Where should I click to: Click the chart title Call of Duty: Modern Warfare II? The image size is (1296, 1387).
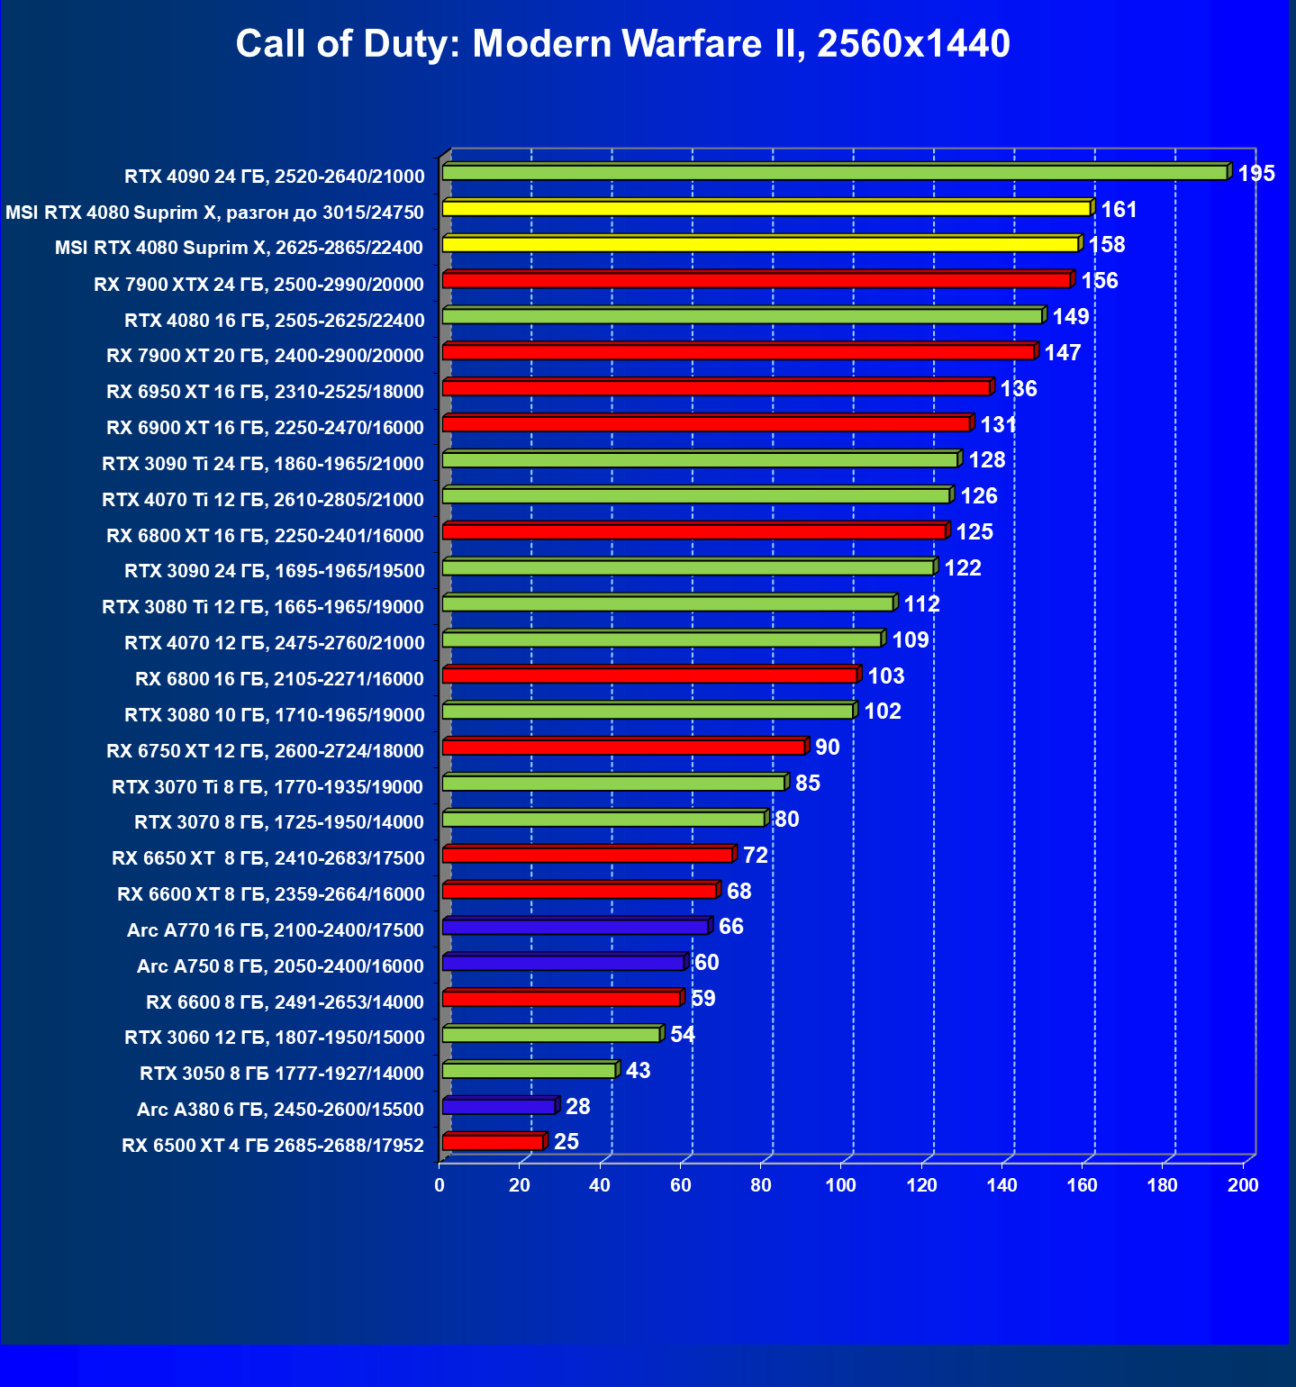tap(622, 44)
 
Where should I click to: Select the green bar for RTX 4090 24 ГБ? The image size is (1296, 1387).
tap(834, 173)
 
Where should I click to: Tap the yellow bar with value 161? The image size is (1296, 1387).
tap(766, 209)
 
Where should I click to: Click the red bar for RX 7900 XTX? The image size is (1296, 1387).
tap(756, 281)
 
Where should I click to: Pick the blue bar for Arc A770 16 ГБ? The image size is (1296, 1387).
tap(575, 927)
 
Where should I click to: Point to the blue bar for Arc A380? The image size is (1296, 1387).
tap(499, 1107)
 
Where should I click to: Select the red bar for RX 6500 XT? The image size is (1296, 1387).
tap(493, 1143)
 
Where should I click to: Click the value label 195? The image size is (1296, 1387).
tap(1256, 174)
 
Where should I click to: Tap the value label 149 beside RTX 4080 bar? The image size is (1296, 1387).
tap(1071, 317)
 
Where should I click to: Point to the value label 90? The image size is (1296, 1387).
tap(827, 748)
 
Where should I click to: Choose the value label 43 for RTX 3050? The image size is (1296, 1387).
tap(638, 1071)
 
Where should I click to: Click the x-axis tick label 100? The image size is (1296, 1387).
tap(841, 1185)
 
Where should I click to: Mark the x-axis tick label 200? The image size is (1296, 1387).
tap(1243, 1185)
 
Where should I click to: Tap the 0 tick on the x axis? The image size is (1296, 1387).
tap(440, 1185)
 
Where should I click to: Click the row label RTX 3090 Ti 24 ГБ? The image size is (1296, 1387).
tap(263, 464)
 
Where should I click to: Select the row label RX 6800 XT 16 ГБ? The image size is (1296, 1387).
tap(265, 536)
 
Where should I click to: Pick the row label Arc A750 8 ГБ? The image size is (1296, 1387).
tap(280, 966)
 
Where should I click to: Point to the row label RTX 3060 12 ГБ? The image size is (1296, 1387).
tap(274, 1038)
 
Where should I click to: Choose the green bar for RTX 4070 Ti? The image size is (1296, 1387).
tap(696, 496)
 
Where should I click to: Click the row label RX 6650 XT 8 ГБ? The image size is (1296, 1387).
tap(267, 858)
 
